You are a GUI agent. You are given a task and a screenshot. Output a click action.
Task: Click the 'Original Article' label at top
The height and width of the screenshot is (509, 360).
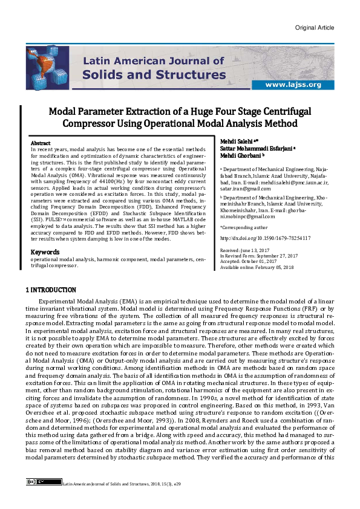tap(315, 28)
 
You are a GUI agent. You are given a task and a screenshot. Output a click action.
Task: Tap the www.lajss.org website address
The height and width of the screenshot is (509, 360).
tap(292, 85)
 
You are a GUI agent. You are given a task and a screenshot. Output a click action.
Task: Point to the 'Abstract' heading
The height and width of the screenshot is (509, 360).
tap(41, 143)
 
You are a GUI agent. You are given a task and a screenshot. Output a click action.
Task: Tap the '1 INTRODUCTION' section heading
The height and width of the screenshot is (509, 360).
tap(51, 290)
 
